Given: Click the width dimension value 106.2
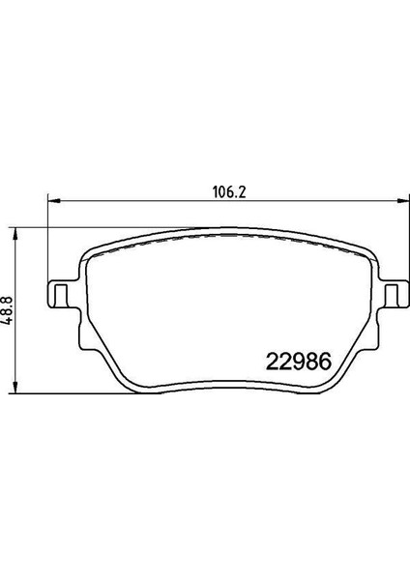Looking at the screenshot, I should [225, 190].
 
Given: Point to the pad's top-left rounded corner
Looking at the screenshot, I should [90, 249].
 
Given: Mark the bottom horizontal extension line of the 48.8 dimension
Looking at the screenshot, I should [58, 393].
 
